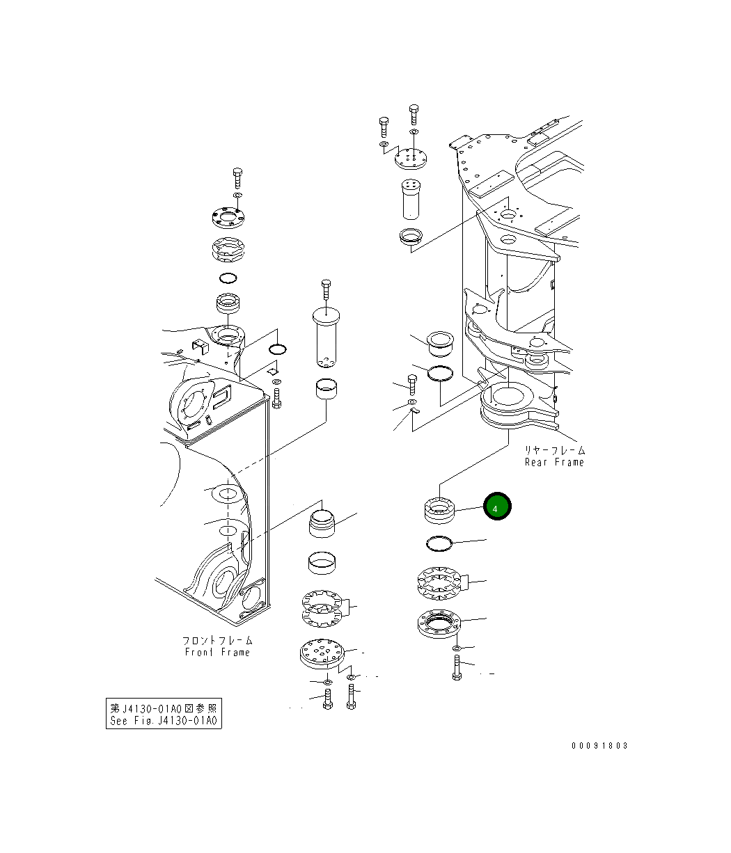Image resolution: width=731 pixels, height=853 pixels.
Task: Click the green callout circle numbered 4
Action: tap(497, 507)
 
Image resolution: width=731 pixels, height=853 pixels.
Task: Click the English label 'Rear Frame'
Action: tap(554, 463)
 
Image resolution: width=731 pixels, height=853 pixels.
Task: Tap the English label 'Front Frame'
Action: tap(217, 652)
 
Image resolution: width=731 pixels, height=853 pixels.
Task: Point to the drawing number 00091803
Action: tap(599, 745)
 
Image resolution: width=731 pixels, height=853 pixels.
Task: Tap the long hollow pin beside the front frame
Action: tap(325, 337)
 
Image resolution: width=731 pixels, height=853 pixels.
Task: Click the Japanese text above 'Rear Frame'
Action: tap(554, 450)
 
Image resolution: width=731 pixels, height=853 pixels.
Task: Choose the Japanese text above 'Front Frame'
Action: tap(217, 639)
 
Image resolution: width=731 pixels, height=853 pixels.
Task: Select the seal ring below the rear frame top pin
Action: tap(410, 237)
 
